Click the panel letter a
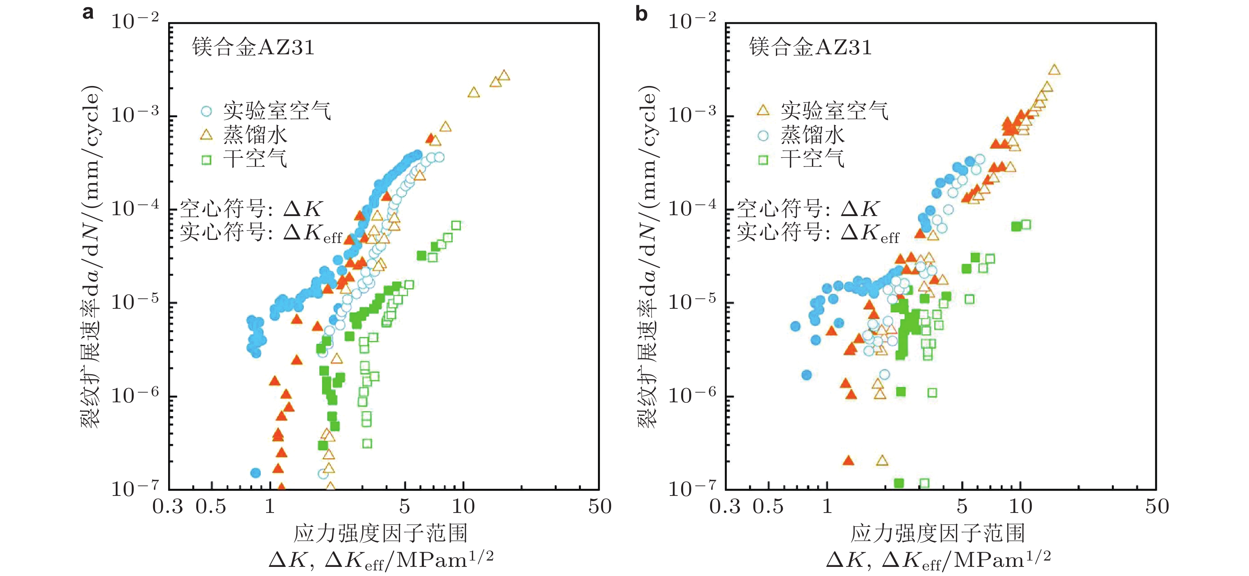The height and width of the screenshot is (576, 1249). pos(88,12)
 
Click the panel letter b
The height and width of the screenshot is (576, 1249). pos(641,13)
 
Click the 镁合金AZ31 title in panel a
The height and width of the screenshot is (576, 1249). pos(253,48)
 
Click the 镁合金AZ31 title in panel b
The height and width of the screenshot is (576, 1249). pos(810,48)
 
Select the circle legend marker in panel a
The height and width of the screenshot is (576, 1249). pos(207,111)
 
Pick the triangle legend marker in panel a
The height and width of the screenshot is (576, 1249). pos(207,135)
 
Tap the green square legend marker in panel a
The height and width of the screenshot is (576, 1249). pos(207,160)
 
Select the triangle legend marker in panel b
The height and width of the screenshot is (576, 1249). pos(763,111)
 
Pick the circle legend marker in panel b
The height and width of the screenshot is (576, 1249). pos(763,136)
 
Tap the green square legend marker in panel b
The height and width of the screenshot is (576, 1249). pos(763,160)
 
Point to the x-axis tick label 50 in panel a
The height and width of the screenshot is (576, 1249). pos(600,507)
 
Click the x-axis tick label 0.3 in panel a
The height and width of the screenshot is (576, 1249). pos(168,507)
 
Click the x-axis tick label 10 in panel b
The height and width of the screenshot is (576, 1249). pos(1020,507)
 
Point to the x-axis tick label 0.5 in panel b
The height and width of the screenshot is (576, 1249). pos(768,507)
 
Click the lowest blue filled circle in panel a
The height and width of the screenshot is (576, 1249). pos(255,473)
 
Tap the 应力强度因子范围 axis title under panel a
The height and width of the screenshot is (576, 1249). pos(381,533)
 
